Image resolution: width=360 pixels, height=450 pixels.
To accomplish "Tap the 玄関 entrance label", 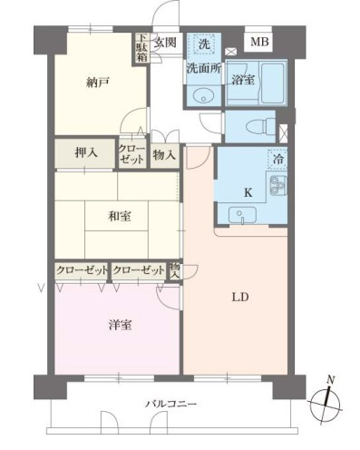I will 164,42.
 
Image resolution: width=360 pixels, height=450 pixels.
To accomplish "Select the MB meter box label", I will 259,43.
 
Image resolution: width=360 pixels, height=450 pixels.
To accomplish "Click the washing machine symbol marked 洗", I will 204,44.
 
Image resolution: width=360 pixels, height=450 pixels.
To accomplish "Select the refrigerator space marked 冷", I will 276,159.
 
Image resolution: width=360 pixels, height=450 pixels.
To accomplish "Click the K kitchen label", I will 248,192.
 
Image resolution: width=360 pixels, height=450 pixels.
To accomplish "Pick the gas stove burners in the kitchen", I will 276,188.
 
